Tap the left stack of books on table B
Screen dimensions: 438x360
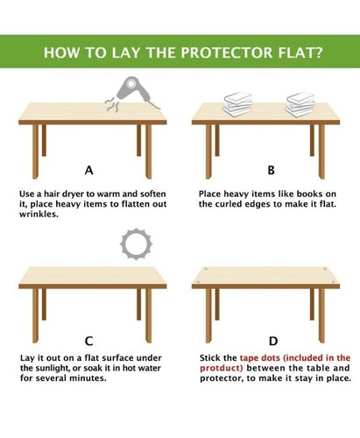click(x=236, y=103)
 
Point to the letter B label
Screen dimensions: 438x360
click(x=271, y=170)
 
